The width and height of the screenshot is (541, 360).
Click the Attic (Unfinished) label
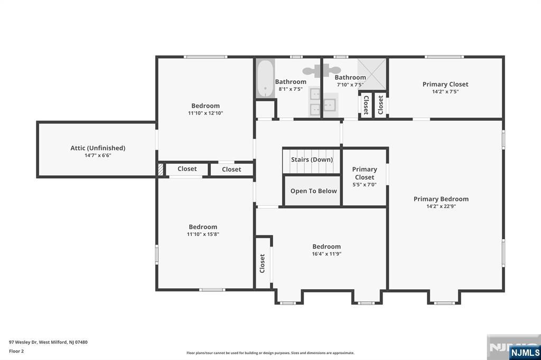tap(98, 148)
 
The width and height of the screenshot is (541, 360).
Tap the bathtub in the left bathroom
tap(265, 79)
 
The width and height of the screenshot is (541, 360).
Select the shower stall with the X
tap(371, 74)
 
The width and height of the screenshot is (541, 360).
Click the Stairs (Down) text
tap(312, 159)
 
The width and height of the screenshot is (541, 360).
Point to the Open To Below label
tap(314, 191)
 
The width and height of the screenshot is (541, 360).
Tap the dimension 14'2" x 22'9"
tap(441, 206)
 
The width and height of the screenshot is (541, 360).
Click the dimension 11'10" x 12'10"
tap(206, 113)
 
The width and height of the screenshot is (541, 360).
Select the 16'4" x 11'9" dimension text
tap(327, 254)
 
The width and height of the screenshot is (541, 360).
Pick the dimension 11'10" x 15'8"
tap(203, 234)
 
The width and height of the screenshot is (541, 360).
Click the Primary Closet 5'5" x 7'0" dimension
tap(365, 185)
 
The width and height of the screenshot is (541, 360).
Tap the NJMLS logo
tap(525, 353)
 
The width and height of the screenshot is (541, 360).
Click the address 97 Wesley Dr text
tap(23, 343)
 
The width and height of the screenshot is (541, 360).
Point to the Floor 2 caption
tap(16, 352)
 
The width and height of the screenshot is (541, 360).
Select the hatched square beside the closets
tap(161, 169)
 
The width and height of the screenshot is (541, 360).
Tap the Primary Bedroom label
tap(441, 199)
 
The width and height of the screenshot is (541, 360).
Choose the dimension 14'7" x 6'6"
tap(98, 156)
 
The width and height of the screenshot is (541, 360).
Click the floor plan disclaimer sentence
tap(270, 353)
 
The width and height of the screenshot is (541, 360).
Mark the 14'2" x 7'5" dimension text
tap(445, 92)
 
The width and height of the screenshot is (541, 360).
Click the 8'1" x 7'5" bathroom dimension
tap(291, 89)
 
